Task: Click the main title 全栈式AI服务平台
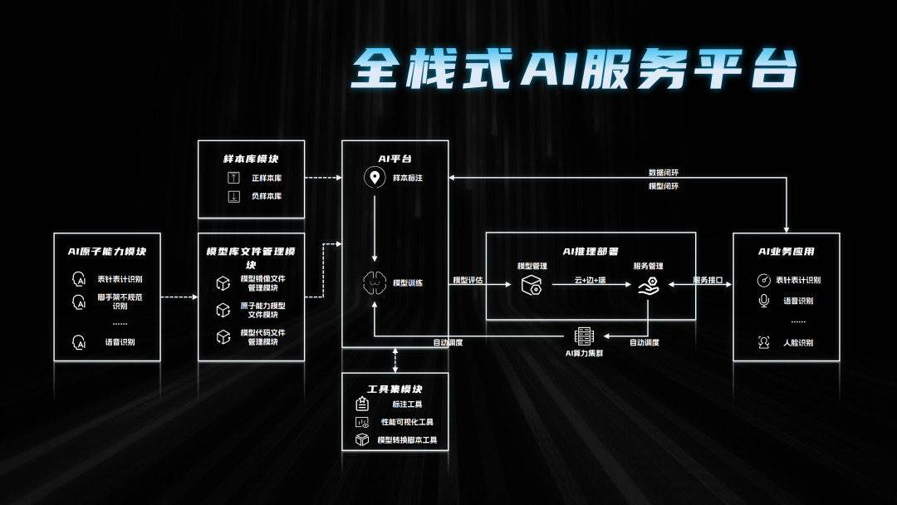coord(573,68)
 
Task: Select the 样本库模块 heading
coord(251,158)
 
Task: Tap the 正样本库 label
coord(267,179)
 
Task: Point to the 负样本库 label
coord(267,197)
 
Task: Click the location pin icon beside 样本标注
coord(375,178)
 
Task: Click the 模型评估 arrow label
coord(468,281)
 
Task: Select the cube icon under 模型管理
coord(532,286)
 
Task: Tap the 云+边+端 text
coord(591,281)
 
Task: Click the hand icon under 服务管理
coord(649,287)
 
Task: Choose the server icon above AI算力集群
coord(585,336)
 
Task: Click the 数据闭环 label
coord(664,173)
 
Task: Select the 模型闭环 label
coord(664,186)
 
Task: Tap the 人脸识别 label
coord(798,343)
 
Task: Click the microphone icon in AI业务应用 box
coord(764,301)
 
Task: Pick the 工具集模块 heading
coord(395,389)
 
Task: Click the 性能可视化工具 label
coord(407,422)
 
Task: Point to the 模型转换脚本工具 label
coord(407,440)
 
